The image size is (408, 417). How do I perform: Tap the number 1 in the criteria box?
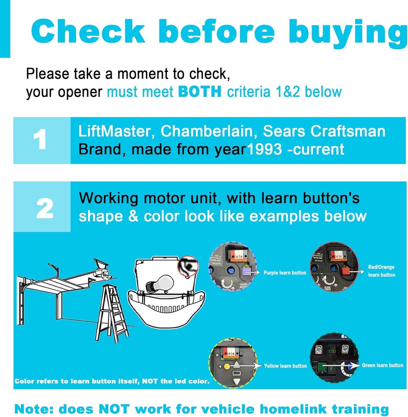[40, 140]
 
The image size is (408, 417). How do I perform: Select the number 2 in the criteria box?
[45, 208]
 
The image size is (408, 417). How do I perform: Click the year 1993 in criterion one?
[264, 149]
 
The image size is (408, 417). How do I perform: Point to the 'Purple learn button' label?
[285, 272]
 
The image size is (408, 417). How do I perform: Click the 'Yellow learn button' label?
[285, 366]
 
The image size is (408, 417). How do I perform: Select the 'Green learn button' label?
[382, 365]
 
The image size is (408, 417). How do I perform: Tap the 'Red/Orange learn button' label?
[382, 271]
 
